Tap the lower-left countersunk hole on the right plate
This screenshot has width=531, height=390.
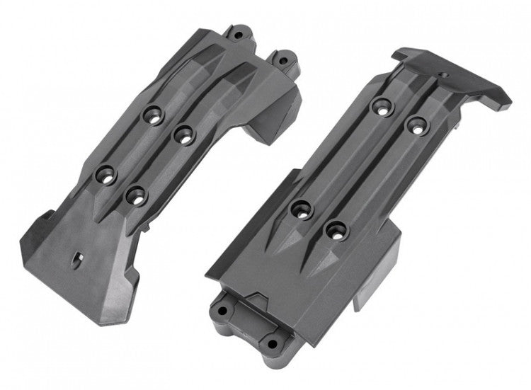coord(302,209)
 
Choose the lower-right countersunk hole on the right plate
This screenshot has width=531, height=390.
coord(335,229)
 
